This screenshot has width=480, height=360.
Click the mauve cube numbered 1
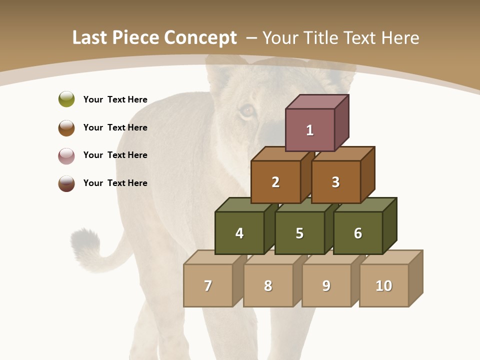pyautogui.click(x=310, y=130)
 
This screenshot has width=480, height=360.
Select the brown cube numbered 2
pyautogui.click(x=275, y=182)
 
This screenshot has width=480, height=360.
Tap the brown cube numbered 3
pyautogui.click(x=335, y=182)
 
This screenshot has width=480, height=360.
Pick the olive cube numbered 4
pyautogui.click(x=239, y=233)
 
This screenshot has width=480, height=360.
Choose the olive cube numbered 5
pyautogui.click(x=299, y=233)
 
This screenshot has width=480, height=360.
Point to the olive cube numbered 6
pyautogui.click(x=358, y=233)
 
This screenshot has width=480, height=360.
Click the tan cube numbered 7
pyautogui.click(x=208, y=285)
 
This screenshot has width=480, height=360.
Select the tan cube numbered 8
pyautogui.click(x=268, y=285)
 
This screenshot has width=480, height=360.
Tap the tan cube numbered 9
pyautogui.click(x=326, y=285)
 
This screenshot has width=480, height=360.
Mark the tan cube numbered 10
pyautogui.click(x=384, y=285)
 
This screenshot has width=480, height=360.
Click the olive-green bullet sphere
pyautogui.click(x=66, y=99)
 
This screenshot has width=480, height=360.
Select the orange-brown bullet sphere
pyautogui.click(x=66, y=127)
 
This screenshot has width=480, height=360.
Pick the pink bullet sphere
pyautogui.click(x=66, y=155)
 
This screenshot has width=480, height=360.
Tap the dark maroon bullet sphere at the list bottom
pyautogui.click(x=66, y=183)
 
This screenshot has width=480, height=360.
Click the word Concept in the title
pyautogui.click(x=200, y=38)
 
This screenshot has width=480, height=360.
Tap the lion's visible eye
pyautogui.click(x=247, y=110)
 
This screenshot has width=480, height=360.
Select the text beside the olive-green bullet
pyautogui.click(x=115, y=99)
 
